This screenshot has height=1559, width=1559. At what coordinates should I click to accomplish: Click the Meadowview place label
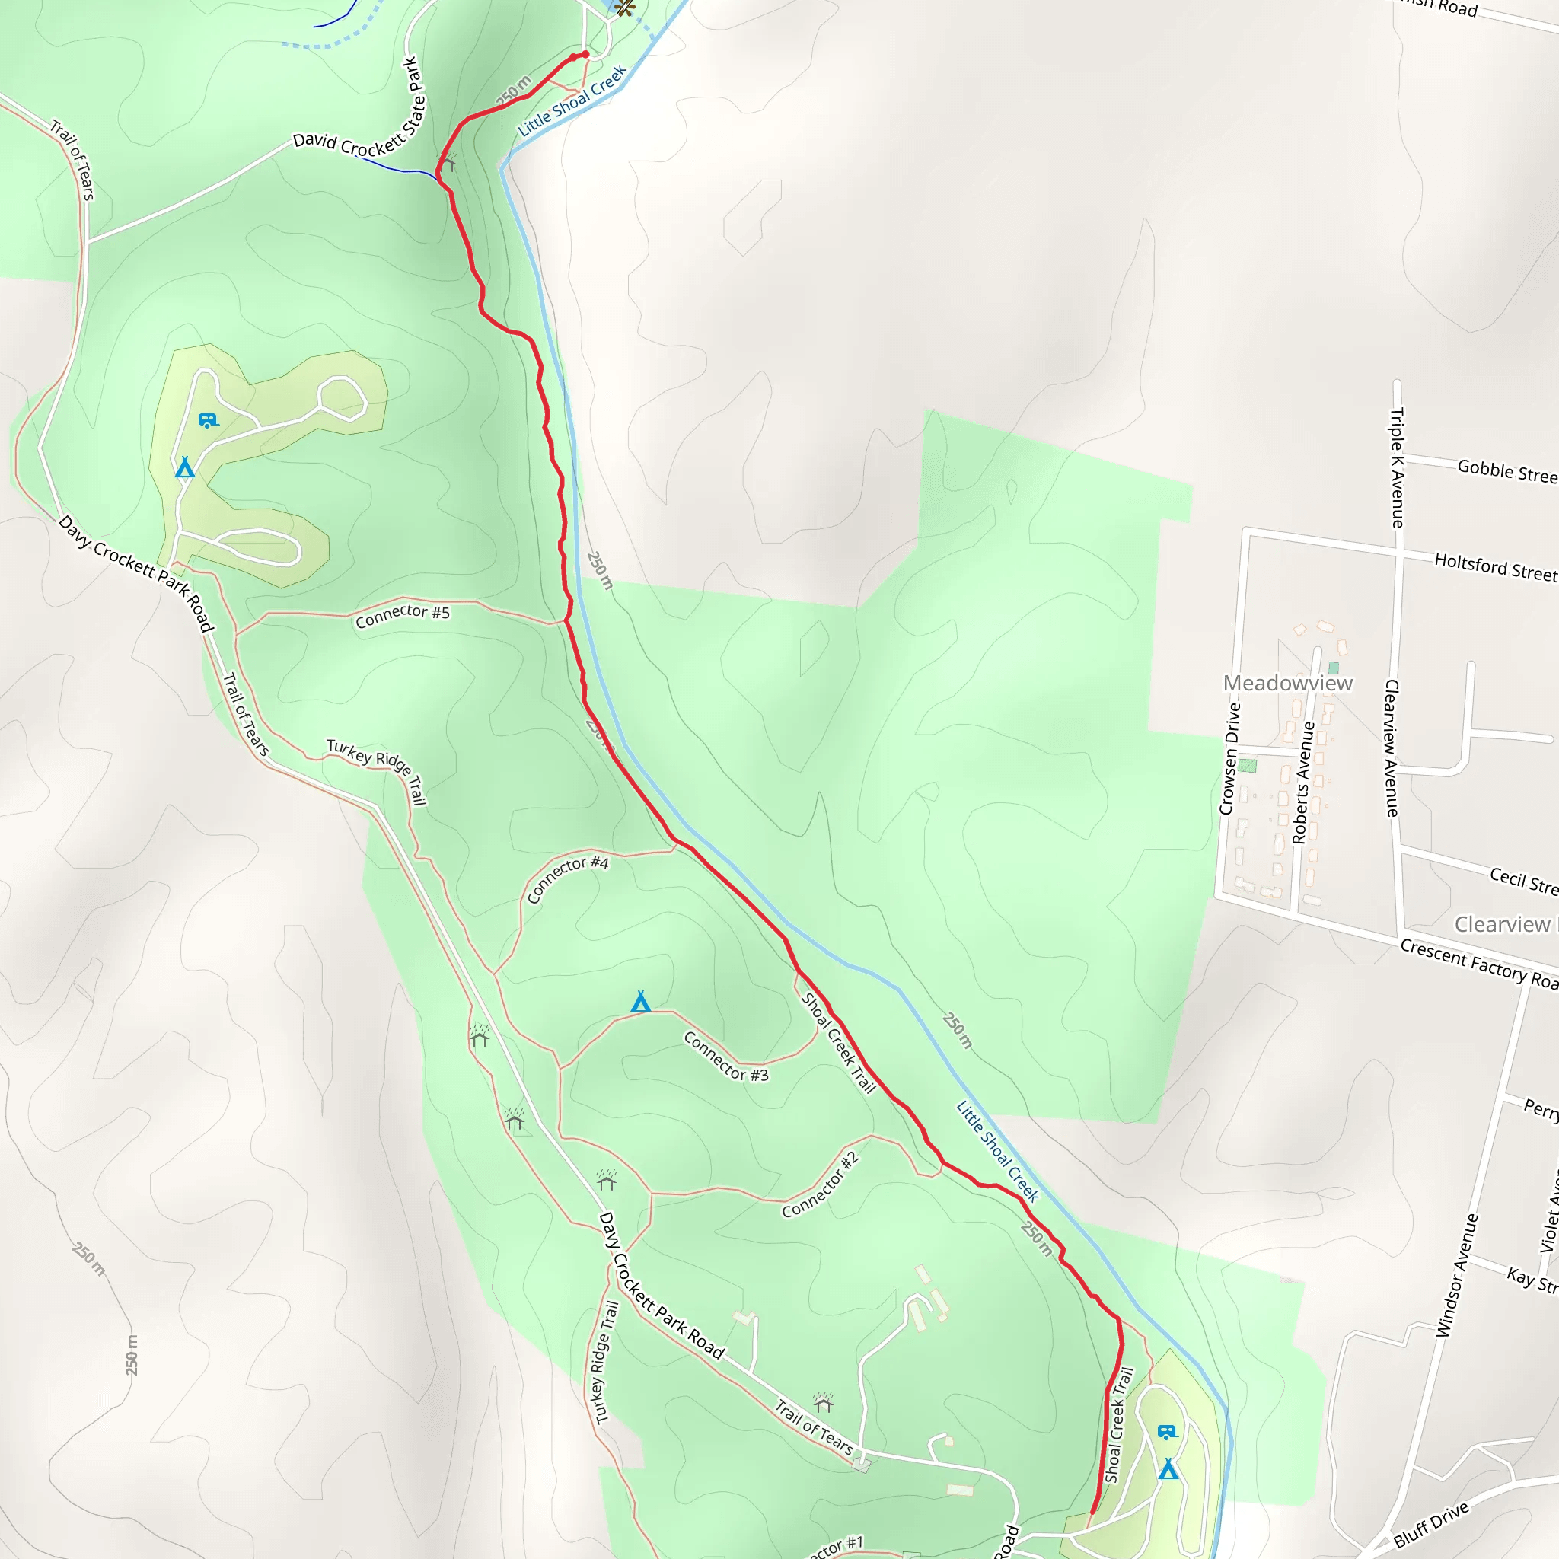(1287, 684)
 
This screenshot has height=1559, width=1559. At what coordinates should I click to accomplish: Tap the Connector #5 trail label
(402, 616)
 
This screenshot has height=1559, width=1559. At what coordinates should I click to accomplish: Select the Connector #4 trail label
(567, 879)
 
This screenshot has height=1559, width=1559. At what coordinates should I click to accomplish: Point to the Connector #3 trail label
(725, 1057)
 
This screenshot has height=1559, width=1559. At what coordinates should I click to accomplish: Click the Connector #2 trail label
(820, 1184)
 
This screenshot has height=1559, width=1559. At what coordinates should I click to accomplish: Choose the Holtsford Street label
(1495, 566)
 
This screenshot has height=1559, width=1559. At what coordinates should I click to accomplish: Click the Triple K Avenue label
(1397, 468)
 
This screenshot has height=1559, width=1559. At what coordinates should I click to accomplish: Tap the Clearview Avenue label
(1392, 748)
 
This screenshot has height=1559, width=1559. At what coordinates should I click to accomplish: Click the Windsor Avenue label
(1456, 1275)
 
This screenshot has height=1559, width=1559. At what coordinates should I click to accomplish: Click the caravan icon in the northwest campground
(207, 420)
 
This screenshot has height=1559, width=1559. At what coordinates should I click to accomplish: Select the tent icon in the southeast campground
(1168, 1468)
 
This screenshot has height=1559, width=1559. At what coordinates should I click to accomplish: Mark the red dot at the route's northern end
(585, 54)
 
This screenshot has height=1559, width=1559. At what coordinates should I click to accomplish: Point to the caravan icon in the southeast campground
(1167, 1432)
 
